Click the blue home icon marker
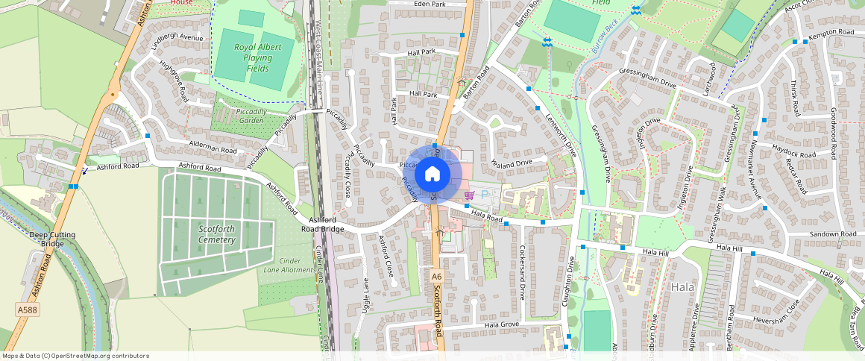[x=432, y=175]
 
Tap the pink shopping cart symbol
[x=469, y=195]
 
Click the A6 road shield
[x=436, y=277]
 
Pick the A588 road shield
[x=27, y=310]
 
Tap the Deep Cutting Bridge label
[x=52, y=239]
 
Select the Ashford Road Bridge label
[x=322, y=225]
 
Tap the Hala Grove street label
[x=501, y=324]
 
